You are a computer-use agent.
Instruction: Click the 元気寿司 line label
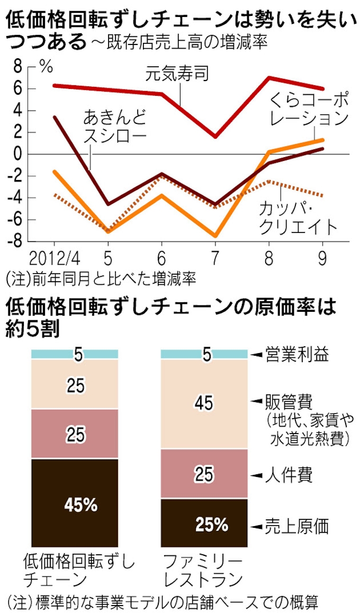(x=177, y=73)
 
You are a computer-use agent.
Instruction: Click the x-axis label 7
(x=215, y=260)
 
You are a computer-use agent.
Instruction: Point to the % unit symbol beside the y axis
(x=46, y=67)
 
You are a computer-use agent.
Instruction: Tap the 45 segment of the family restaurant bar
(x=203, y=403)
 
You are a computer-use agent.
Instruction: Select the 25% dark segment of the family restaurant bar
(x=203, y=525)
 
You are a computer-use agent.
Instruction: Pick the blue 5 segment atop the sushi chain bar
(x=75, y=354)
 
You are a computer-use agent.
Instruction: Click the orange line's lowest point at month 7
(x=215, y=236)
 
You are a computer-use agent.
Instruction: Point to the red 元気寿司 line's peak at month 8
(x=269, y=78)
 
